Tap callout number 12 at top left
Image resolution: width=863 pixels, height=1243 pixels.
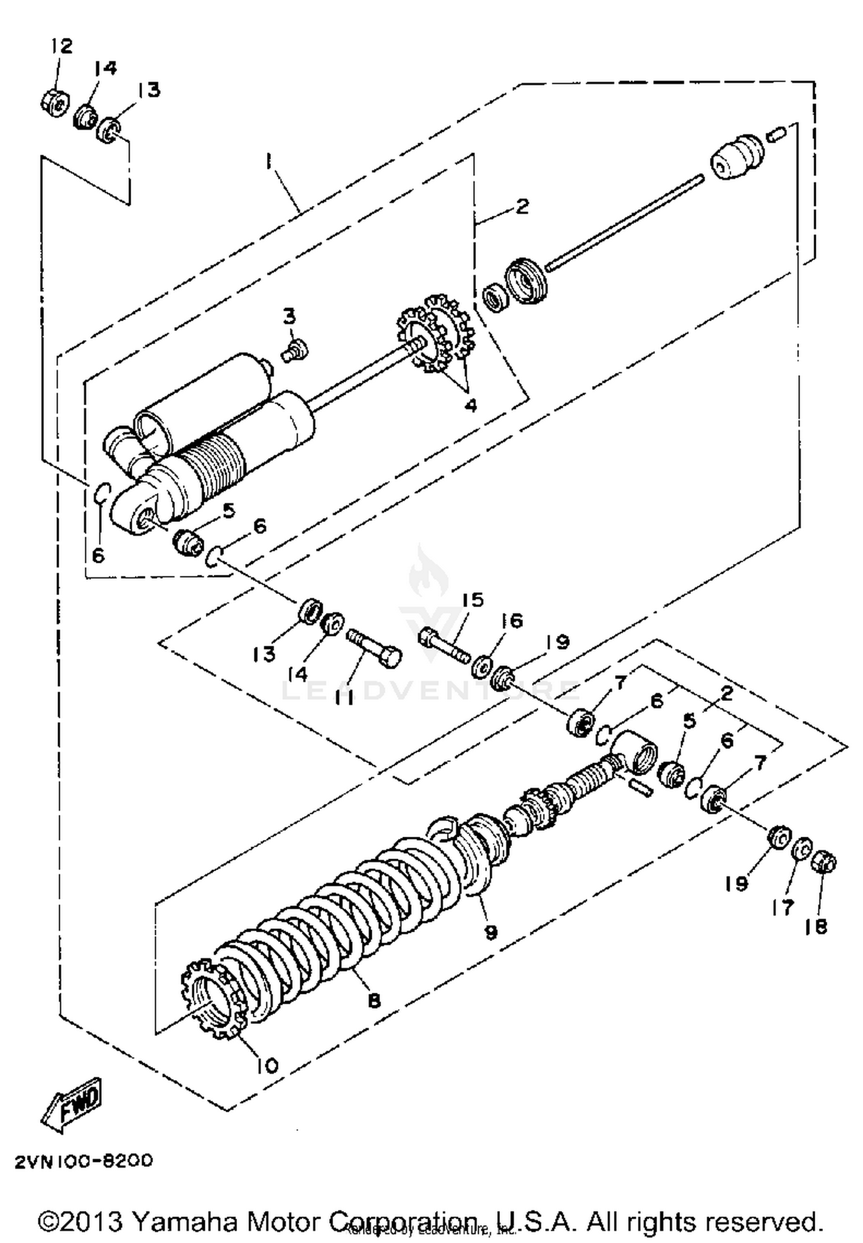[62, 47]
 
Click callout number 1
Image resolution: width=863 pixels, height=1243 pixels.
[268, 162]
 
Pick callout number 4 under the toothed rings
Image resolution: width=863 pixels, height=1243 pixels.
[471, 405]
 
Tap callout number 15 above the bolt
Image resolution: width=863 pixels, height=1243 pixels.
[472, 600]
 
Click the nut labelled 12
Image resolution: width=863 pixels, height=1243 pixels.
[53, 101]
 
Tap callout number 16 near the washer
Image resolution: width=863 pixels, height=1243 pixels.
[511, 621]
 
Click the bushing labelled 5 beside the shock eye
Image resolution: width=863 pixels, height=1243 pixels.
[188, 542]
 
